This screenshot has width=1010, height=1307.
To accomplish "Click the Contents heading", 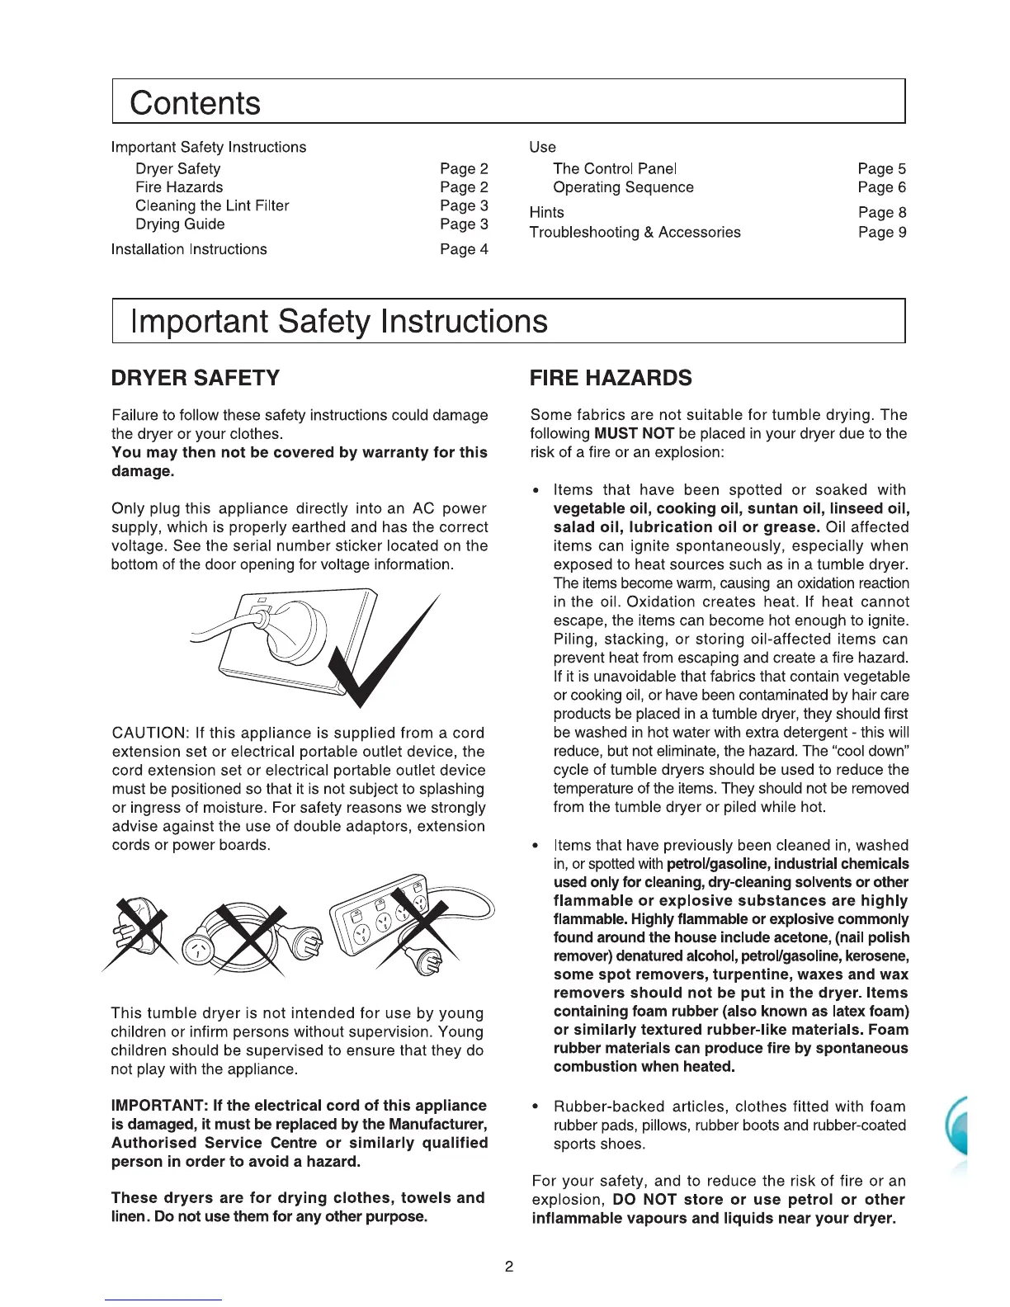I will click(195, 103).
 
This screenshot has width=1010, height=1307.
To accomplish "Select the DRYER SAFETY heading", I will click(196, 378).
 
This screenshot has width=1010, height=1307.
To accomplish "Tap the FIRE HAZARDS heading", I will click(611, 378).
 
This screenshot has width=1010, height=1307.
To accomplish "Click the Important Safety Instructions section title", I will click(339, 321).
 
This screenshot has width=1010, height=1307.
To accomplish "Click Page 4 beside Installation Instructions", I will click(464, 249).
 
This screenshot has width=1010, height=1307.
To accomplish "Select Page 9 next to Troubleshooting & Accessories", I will click(881, 233).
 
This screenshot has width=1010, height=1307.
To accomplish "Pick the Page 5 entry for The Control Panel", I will click(881, 169).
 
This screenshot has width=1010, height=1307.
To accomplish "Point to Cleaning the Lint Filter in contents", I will click(212, 205).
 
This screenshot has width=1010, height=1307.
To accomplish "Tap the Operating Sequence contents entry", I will click(623, 187).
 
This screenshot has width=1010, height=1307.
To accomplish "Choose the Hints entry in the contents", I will click(546, 213).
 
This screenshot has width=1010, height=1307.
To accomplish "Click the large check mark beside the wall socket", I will click(384, 652).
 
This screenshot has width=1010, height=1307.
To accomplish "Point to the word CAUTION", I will click(148, 734).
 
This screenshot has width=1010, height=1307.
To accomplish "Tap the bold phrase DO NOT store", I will click(669, 1200).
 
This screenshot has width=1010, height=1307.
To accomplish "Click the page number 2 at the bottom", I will click(509, 1267).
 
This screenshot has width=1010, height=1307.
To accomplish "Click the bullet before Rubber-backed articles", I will click(537, 1106).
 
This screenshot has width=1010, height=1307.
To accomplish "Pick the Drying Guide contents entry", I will click(180, 224).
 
